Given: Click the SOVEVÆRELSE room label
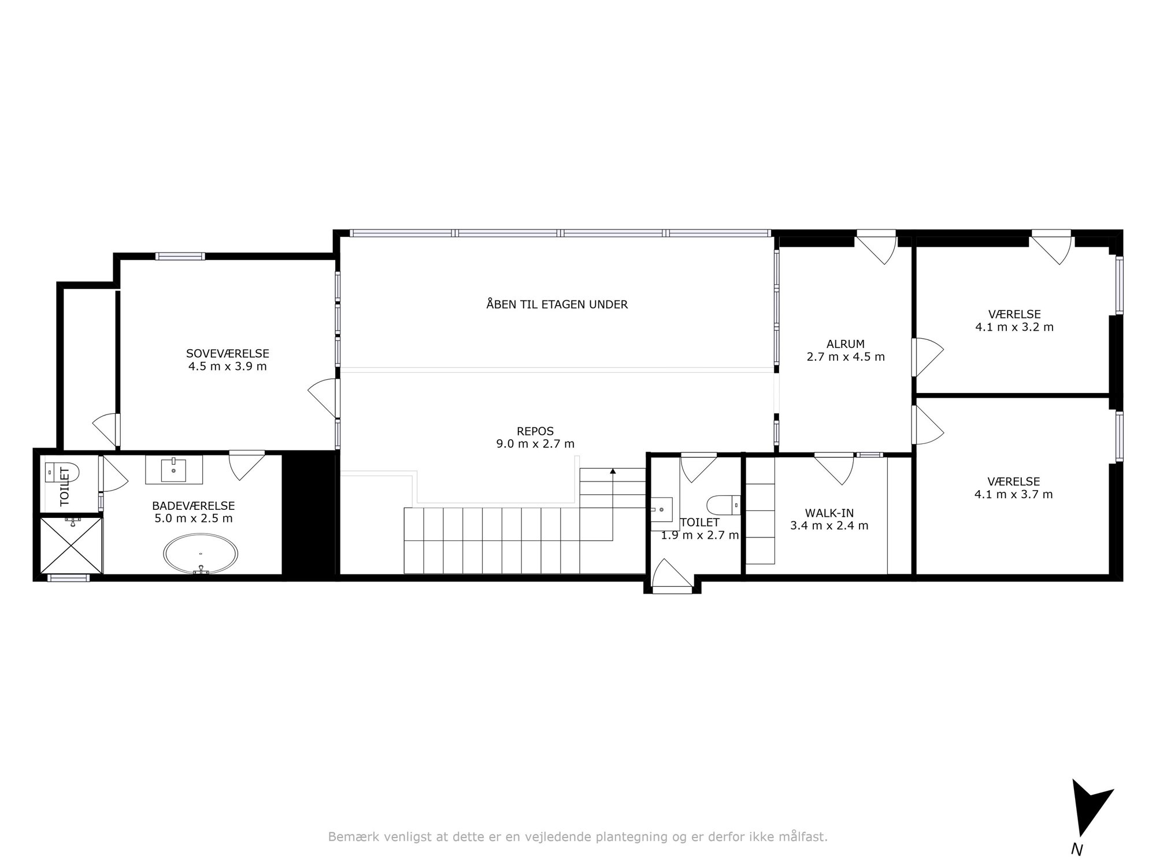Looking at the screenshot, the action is pyautogui.click(x=228, y=353).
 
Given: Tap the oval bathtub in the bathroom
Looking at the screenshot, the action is pyautogui.click(x=201, y=555).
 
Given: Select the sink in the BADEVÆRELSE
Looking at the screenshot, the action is pyautogui.click(x=173, y=469).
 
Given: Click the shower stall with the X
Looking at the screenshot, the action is pyautogui.click(x=71, y=546).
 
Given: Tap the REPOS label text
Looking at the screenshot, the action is pyautogui.click(x=535, y=431).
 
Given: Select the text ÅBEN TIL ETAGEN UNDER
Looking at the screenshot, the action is pyautogui.click(x=557, y=304).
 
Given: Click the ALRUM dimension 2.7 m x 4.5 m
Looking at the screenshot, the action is pyautogui.click(x=846, y=357).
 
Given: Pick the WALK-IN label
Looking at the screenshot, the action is pyautogui.click(x=829, y=513).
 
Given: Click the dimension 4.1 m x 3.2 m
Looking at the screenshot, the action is pyautogui.click(x=1014, y=327).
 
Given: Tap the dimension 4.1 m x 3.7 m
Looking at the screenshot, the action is pyautogui.click(x=1014, y=494).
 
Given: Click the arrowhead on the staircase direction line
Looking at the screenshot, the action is pyautogui.click(x=613, y=472).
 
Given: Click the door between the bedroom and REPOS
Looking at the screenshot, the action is pyautogui.click(x=324, y=398).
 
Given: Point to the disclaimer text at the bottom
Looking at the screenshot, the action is pyautogui.click(x=578, y=836).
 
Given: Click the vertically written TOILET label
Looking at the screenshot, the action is pyautogui.click(x=64, y=486).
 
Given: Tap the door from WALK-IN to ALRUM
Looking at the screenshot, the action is pyautogui.click(x=834, y=468).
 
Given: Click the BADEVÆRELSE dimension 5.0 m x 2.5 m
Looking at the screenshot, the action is pyautogui.click(x=194, y=518).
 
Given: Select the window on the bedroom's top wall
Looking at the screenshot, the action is pyautogui.click(x=180, y=257).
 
